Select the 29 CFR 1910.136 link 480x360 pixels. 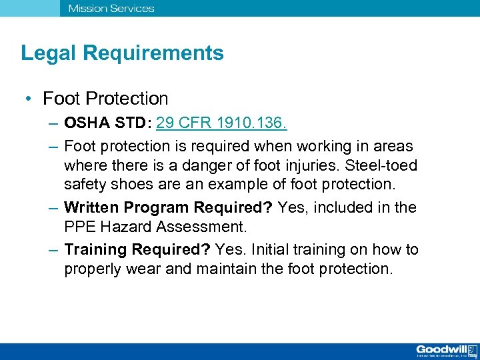pyautogui.click(x=221, y=125)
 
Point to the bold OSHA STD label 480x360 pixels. pyautogui.click(x=107, y=125)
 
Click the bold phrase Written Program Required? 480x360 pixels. pyautogui.click(x=169, y=207)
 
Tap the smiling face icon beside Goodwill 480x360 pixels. pyautogui.click(x=472, y=350)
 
